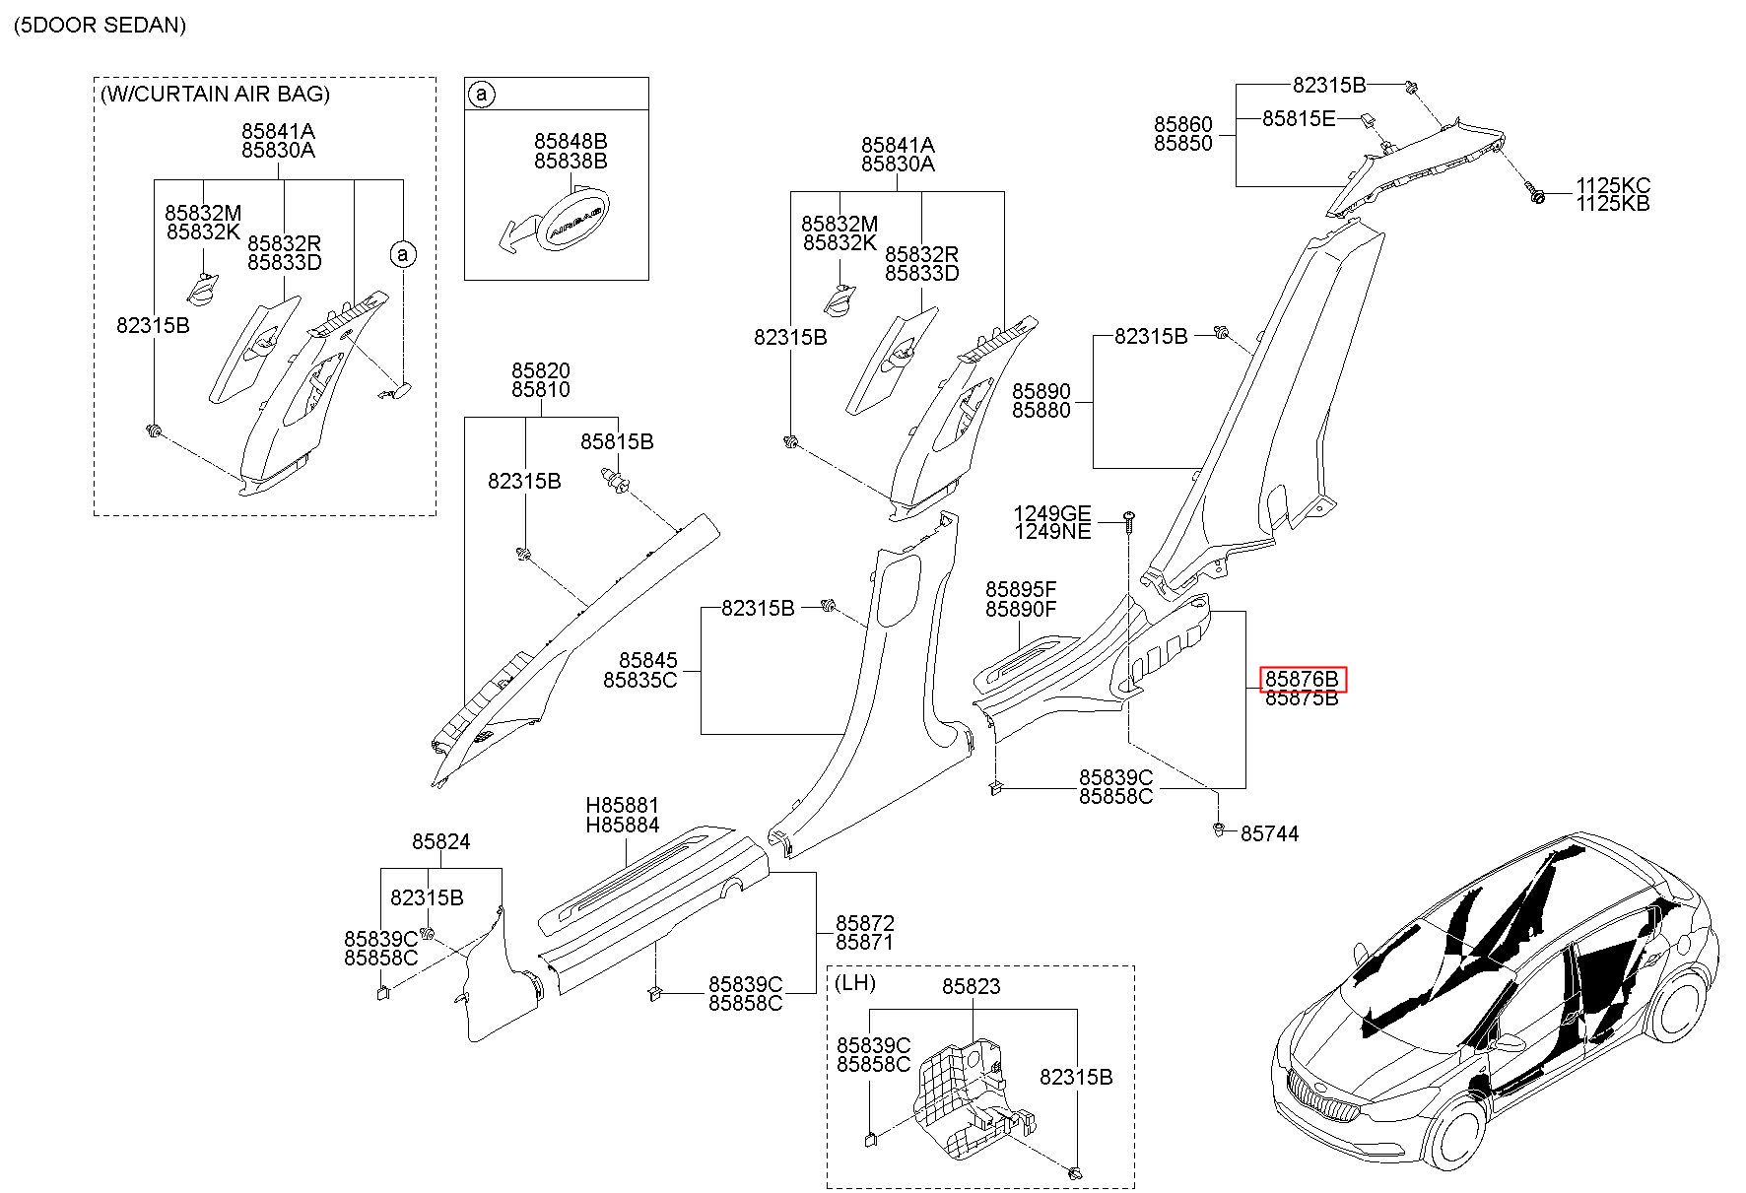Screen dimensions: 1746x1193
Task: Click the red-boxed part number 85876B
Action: point(1302,679)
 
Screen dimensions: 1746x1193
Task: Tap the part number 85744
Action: point(1269,833)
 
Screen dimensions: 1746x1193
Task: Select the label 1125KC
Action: point(1613,185)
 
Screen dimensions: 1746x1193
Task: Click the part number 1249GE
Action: point(1052,513)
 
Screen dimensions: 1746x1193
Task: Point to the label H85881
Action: point(623,806)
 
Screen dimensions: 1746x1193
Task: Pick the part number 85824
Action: point(441,841)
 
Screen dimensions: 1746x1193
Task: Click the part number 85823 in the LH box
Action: point(972,986)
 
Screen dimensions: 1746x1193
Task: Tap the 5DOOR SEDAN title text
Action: point(100,25)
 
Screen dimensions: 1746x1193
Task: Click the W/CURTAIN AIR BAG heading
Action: point(215,94)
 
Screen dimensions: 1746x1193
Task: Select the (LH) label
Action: point(855,983)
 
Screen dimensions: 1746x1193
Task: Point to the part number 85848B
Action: point(571,142)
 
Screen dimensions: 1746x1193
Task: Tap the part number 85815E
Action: point(1299,118)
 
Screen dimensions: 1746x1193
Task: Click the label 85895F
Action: point(1021,590)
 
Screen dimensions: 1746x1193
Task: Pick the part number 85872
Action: point(865,923)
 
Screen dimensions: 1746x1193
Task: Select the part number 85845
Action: point(648,660)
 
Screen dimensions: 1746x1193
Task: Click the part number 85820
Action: point(540,370)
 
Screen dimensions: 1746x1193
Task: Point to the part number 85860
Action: point(1183,124)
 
